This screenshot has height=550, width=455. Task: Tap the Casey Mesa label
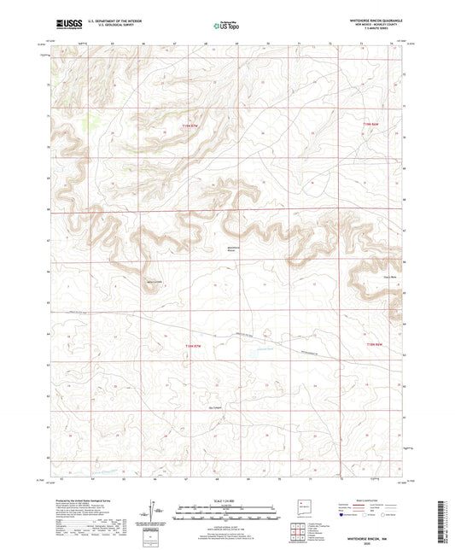click(365, 277)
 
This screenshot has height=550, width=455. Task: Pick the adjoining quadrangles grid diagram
click(299, 530)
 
